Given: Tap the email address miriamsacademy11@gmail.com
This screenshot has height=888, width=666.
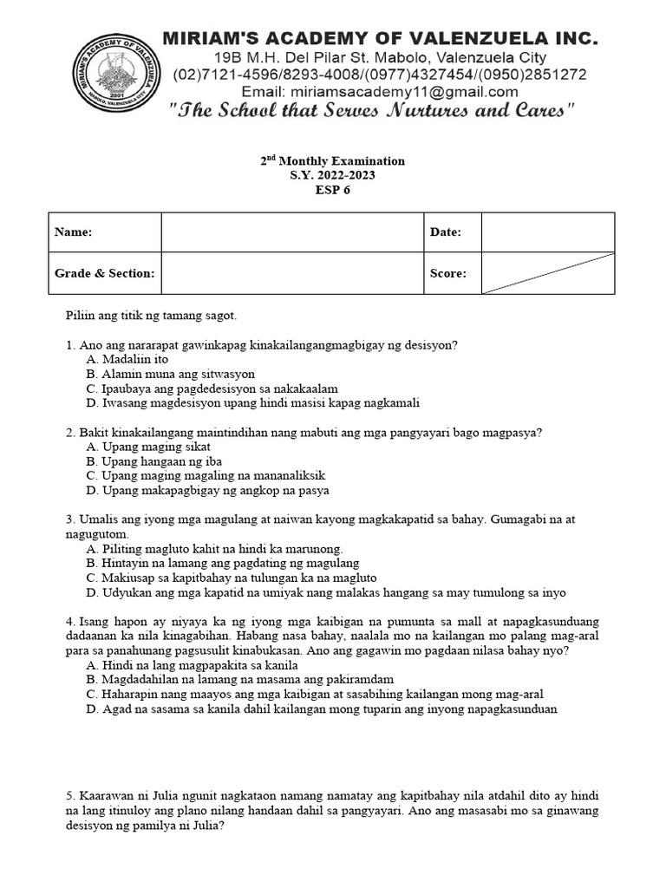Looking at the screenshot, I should point(380,92).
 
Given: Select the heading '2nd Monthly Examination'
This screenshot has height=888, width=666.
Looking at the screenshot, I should point(333,160).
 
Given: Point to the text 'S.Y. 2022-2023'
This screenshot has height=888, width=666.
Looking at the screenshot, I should point(333,175).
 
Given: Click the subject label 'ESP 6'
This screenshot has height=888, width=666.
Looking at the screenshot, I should point(333,191).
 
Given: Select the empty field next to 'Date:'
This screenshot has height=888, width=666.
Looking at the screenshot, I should point(547,232).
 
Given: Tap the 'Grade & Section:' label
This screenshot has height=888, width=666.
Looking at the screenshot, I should point(105,273).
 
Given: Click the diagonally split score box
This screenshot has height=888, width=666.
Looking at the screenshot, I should point(547,273).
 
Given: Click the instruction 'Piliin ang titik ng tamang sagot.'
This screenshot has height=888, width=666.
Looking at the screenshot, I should point(151,317).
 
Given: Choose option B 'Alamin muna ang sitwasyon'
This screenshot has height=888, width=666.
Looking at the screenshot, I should point(171,374).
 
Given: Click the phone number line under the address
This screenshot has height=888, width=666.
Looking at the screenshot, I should point(380,75).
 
